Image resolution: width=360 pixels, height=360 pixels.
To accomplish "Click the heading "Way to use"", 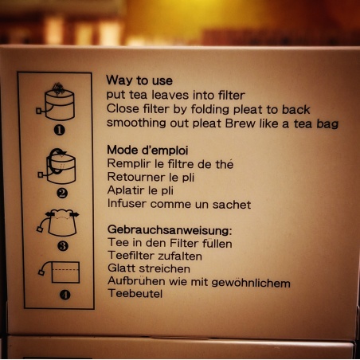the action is pyautogui.click(x=139, y=80).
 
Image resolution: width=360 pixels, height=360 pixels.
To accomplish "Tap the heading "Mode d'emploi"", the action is pyautogui.click(x=147, y=151).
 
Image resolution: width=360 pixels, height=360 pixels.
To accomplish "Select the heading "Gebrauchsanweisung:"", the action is pyautogui.click(x=170, y=229).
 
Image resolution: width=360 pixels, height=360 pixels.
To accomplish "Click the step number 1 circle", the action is pyautogui.click(x=60, y=130).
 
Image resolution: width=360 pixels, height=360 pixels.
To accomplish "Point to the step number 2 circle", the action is pyautogui.click(x=62, y=193).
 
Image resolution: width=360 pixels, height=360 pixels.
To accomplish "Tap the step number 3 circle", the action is pyautogui.click(x=63, y=246).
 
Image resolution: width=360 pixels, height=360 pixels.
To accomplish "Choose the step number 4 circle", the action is pyautogui.click(x=65, y=295).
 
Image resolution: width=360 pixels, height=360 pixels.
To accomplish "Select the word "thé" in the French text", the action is pyautogui.click(x=225, y=164).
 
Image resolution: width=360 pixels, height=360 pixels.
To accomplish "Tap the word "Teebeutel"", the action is pyautogui.click(x=135, y=294).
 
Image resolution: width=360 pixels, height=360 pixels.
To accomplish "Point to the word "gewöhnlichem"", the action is pyautogui.click(x=251, y=283).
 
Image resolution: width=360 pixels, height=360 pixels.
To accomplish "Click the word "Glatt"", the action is pyautogui.click(x=122, y=268).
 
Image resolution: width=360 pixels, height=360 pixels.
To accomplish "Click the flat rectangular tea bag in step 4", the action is pyautogui.click(x=65, y=272).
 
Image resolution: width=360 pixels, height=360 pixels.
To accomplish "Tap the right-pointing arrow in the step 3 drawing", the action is pyautogui.click(x=74, y=214).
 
